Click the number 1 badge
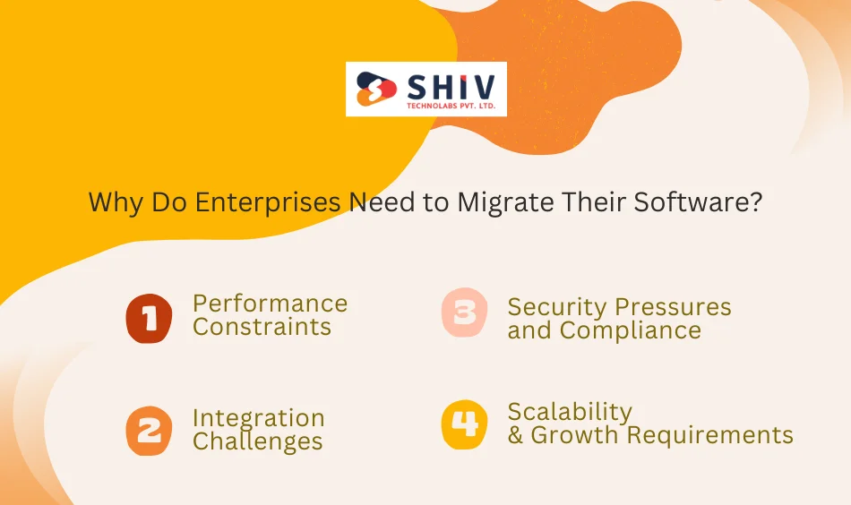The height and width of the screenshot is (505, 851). [149, 318]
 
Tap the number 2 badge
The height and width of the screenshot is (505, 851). [149, 431]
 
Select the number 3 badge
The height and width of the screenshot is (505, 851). [464, 312]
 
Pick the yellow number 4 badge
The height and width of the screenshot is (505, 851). [464, 424]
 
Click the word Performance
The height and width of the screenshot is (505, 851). [270, 304]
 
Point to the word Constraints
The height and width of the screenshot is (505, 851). [262, 328]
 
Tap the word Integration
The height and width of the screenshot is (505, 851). [258, 418]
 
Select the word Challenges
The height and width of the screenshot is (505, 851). [257, 442]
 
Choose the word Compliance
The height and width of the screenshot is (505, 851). [631, 331]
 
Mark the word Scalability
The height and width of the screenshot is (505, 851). [570, 412]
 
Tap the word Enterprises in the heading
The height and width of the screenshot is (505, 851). [269, 203]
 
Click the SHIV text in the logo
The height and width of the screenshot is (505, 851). [450, 85]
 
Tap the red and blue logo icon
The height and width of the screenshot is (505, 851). [375, 90]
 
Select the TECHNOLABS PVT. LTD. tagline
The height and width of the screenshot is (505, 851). [450, 106]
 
